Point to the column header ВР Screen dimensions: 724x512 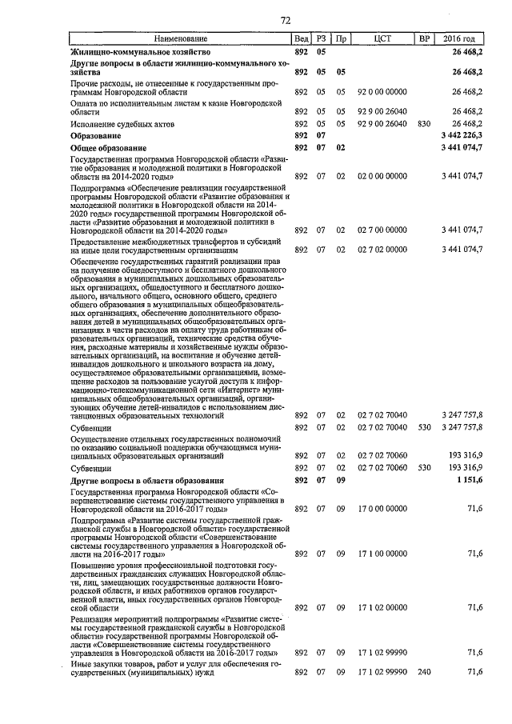(424, 38)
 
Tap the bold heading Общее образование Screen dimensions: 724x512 (109, 149)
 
